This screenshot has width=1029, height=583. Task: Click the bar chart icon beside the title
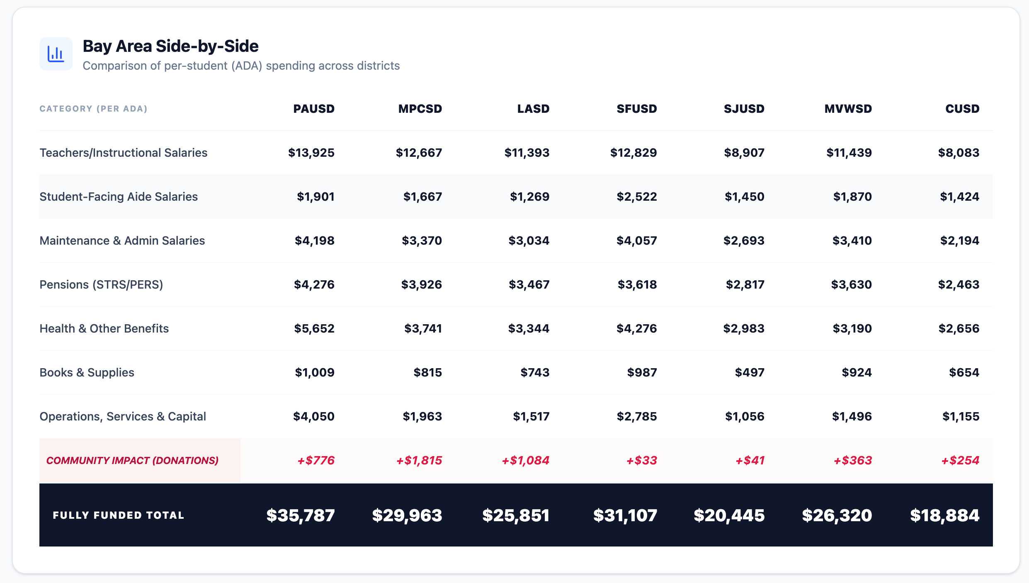pyautogui.click(x=56, y=54)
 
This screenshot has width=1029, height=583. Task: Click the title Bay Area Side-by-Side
pyautogui.click(x=170, y=46)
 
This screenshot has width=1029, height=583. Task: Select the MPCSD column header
pyautogui.click(x=420, y=109)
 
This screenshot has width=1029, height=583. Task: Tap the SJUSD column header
pyautogui.click(x=744, y=109)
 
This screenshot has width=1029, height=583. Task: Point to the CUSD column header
pyautogui.click(x=962, y=109)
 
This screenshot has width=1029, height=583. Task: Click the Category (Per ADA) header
pyautogui.click(x=93, y=109)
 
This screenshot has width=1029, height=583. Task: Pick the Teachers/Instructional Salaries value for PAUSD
pyautogui.click(x=311, y=153)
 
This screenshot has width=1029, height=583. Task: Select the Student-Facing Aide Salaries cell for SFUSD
pyautogui.click(x=636, y=197)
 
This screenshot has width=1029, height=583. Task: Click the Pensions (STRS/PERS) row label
pyautogui.click(x=101, y=284)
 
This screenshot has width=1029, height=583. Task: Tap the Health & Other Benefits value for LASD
pyautogui.click(x=529, y=328)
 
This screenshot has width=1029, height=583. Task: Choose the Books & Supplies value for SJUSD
pyautogui.click(x=749, y=372)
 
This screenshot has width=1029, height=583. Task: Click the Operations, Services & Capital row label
pyautogui.click(x=123, y=416)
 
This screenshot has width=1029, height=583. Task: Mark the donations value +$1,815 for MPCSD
pyautogui.click(x=419, y=460)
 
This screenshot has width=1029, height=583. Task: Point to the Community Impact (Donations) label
pyautogui.click(x=132, y=460)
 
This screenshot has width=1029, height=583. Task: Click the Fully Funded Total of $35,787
pyautogui.click(x=300, y=515)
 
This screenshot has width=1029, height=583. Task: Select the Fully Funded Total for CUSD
pyautogui.click(x=944, y=515)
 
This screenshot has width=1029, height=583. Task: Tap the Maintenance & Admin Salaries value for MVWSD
pyautogui.click(x=852, y=240)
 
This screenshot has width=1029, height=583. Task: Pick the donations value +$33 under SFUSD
pyautogui.click(x=641, y=460)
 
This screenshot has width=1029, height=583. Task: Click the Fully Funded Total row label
pyautogui.click(x=118, y=515)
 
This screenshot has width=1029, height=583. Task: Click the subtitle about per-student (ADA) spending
pyautogui.click(x=241, y=66)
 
